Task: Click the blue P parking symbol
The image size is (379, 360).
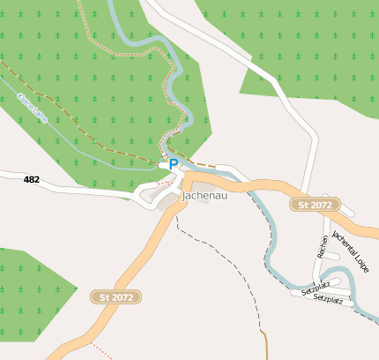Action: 174,164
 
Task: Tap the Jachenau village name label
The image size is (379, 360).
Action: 204,195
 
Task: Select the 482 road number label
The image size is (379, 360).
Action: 32,179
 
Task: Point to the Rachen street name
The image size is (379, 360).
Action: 323,246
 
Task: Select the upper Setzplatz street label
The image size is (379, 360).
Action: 315,289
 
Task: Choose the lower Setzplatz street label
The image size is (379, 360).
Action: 327,300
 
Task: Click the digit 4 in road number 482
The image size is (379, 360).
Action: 26,179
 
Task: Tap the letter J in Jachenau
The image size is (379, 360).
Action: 184,195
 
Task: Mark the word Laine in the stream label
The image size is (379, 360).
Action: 39,116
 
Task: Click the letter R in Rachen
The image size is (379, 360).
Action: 322,255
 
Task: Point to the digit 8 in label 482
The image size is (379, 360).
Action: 32,179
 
